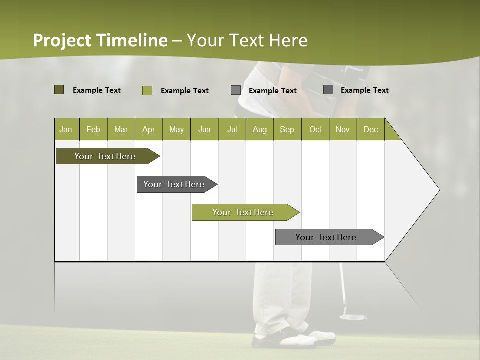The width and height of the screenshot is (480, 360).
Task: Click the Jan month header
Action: tap(66, 129)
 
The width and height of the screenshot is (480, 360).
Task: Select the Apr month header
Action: tap(149, 129)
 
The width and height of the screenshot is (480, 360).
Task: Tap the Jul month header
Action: tap(232, 129)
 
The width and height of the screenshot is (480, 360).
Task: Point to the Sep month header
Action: tap(287, 129)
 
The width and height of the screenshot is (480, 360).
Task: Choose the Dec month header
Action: tap(370, 129)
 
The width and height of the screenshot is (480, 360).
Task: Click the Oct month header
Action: tap(315, 129)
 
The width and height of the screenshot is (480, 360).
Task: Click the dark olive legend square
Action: tap(59, 90)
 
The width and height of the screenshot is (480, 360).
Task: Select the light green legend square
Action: tap(147, 90)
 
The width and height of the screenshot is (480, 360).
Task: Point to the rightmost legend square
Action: tap(328, 90)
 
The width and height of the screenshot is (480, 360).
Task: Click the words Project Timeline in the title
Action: tap(100, 40)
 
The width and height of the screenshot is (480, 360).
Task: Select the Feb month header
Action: tap(93, 129)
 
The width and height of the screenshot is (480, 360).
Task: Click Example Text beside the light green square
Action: tap(185, 91)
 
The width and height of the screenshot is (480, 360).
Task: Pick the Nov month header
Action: tap(343, 129)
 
